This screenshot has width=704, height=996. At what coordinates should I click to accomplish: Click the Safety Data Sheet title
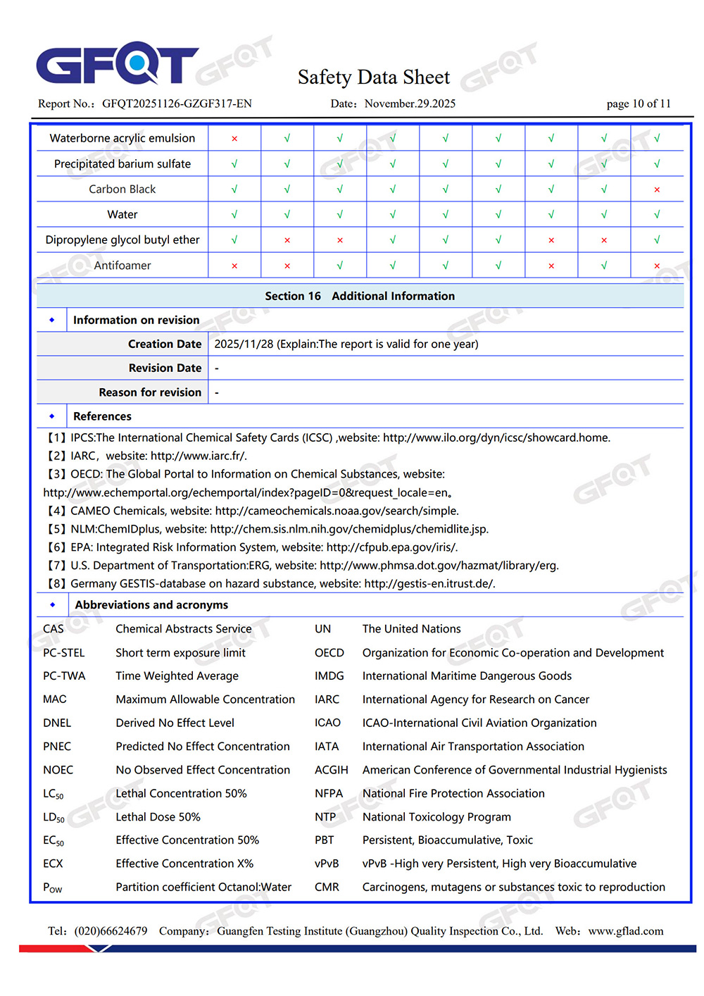(373, 77)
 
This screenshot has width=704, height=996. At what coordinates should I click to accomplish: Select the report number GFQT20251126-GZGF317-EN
(177, 104)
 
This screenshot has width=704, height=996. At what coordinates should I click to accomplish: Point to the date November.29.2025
(410, 104)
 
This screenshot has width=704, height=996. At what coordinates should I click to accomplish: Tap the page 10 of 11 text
(639, 104)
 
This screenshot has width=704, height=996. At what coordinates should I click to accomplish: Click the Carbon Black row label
(122, 189)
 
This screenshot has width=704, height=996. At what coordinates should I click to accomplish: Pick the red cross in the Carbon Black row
(657, 189)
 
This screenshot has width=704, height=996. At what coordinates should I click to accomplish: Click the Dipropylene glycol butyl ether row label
(122, 239)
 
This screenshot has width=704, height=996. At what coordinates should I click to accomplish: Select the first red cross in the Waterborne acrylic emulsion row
(234, 139)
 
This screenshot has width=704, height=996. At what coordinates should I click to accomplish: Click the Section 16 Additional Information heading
(360, 296)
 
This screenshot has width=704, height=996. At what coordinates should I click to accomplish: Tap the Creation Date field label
(165, 344)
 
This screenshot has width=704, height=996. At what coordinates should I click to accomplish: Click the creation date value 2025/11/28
(244, 344)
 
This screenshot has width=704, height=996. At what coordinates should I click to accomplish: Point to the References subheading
(102, 416)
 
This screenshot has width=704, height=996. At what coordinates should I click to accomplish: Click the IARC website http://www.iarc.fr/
(199, 456)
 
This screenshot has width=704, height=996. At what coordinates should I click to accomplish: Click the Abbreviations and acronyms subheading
(151, 604)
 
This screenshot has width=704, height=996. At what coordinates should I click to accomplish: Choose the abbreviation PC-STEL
(63, 653)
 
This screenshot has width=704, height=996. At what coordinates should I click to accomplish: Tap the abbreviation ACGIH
(331, 770)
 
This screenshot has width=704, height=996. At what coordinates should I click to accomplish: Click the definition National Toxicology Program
(436, 817)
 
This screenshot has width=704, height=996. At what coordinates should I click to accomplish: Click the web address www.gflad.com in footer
(626, 931)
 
